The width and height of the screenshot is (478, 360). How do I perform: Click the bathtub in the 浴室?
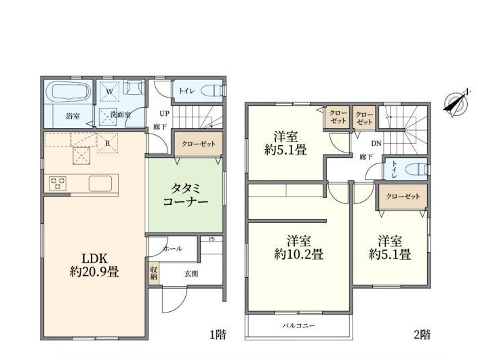pos(68,91)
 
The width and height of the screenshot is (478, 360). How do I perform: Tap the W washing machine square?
pos(110,92)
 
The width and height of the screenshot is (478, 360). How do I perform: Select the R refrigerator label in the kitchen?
pos(108,143)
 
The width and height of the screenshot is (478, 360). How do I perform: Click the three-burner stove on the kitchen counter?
pos(58,184)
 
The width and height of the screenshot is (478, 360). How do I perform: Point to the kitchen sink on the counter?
pos(100,184)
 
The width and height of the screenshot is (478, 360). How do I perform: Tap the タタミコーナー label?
pos(185,195)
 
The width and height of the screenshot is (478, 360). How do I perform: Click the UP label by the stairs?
pos(164,114)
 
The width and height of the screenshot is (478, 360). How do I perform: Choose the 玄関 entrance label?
pos(191,274)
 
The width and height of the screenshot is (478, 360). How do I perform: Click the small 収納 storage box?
pos(154,273)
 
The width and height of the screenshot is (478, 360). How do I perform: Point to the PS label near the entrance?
pos(212,239)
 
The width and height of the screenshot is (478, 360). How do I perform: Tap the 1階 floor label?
pos(218,334)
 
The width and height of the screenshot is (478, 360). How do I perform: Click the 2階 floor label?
pos(422,335)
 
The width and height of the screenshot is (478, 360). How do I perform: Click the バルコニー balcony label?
pos(298,325)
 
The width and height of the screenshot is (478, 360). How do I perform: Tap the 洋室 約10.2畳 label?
pos(299,247)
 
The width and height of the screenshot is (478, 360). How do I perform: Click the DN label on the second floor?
pos(376,143)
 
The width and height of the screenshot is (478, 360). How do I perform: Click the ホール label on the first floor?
pos(172,249)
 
